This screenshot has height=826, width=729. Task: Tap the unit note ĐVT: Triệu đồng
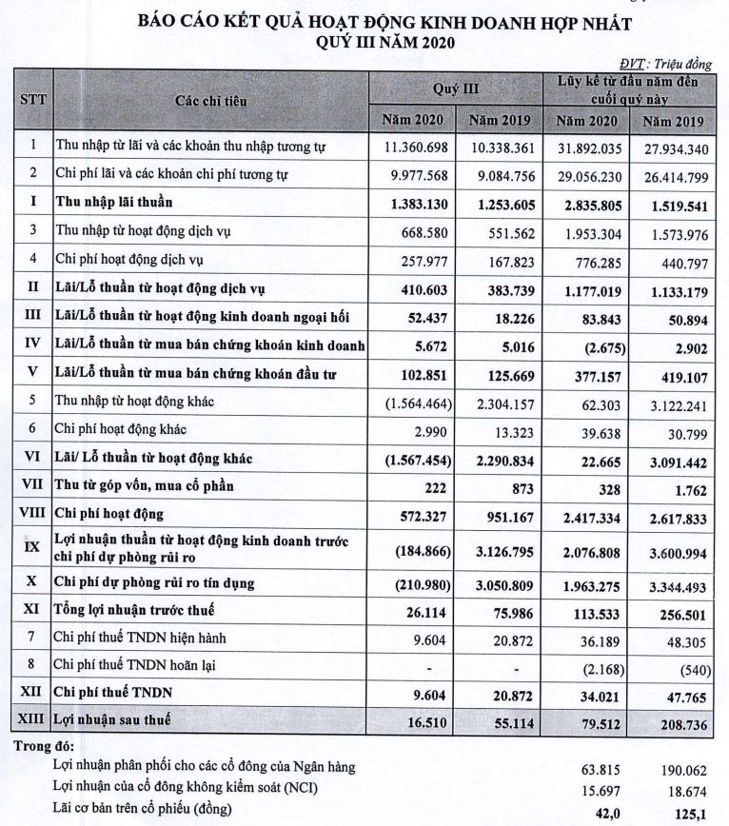665,64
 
